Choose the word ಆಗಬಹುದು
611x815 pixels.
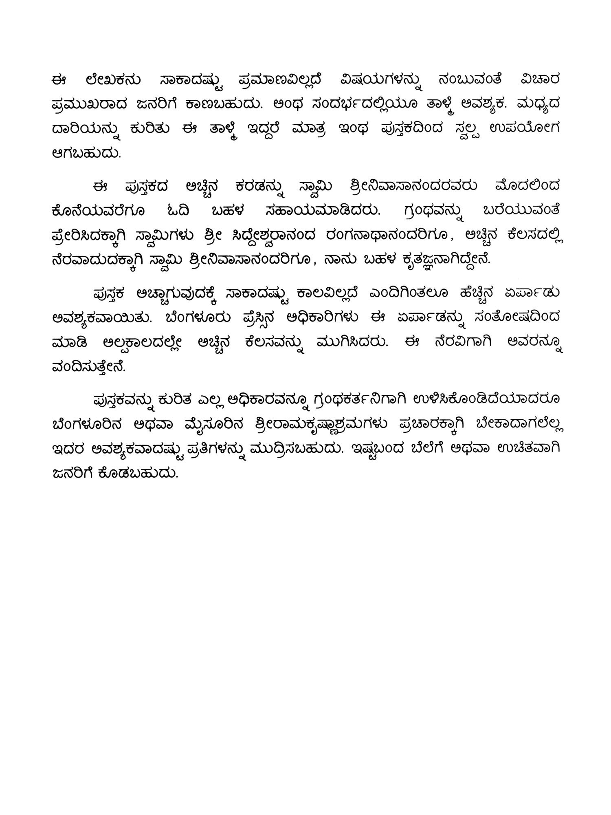(87, 153)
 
